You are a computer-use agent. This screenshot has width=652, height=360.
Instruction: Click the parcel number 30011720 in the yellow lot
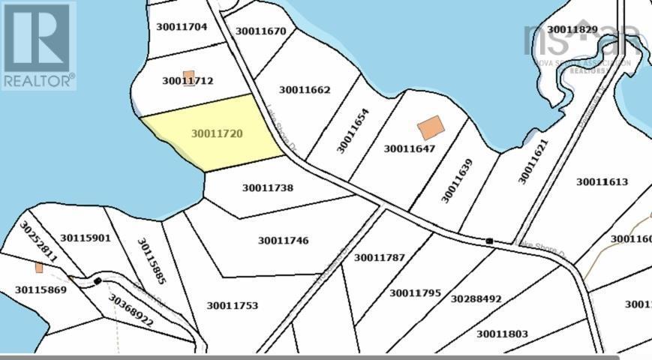click(217, 134)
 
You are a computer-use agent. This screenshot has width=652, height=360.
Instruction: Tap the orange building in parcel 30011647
click(430, 127)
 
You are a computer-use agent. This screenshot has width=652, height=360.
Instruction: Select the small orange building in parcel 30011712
click(189, 78)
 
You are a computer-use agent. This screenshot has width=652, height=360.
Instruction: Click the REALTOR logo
click(38, 46)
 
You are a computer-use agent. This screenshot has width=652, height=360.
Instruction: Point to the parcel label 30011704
click(182, 26)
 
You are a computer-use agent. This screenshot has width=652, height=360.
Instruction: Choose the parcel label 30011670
click(260, 31)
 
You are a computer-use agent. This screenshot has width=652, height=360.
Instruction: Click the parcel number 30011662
click(305, 90)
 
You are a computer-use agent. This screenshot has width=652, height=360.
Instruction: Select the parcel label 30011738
click(268, 187)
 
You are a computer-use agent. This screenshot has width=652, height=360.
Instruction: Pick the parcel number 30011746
click(284, 241)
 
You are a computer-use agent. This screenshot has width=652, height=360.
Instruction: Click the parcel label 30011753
click(233, 305)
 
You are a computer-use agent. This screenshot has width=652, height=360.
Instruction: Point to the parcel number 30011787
click(380, 258)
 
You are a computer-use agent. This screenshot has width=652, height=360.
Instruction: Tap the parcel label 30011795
click(415, 293)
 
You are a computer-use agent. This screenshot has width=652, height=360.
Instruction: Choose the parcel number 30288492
click(476, 298)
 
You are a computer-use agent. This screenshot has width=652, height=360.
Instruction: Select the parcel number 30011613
click(602, 182)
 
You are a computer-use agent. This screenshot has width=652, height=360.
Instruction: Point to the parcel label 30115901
click(86, 238)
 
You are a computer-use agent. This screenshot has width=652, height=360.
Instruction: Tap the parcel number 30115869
click(41, 289)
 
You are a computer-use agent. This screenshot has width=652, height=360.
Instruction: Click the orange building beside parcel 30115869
click(39, 268)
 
